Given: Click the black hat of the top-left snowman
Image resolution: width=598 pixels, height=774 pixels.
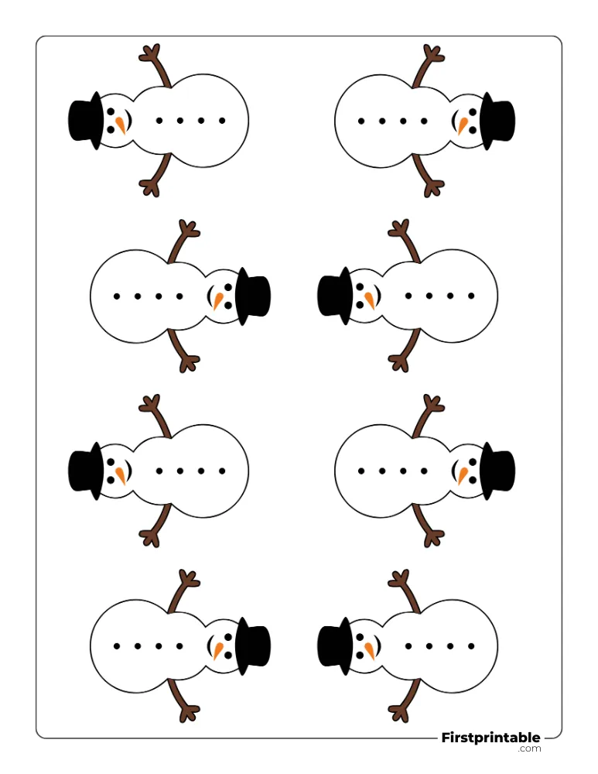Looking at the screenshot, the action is click(x=85, y=121).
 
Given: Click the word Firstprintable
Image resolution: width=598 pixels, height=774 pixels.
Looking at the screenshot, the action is click(x=491, y=738).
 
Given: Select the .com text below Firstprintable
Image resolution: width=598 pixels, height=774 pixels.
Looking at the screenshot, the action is click(x=529, y=748).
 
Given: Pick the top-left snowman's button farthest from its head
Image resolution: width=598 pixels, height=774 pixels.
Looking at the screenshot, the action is click(x=222, y=121).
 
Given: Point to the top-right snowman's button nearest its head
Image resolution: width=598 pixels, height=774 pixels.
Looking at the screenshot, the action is click(x=424, y=121).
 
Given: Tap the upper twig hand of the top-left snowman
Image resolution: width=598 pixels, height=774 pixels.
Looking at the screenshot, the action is click(x=149, y=53).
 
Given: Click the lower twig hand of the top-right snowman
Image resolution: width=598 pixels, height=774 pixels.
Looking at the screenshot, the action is click(x=434, y=188).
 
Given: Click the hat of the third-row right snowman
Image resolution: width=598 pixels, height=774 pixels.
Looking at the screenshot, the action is click(x=497, y=471).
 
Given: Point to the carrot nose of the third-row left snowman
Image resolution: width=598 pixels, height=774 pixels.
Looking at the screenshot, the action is click(x=121, y=476).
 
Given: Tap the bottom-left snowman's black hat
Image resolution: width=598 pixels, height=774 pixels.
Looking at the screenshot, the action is click(x=253, y=646).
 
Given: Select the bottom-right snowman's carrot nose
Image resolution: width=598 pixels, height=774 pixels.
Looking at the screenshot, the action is click(x=370, y=651).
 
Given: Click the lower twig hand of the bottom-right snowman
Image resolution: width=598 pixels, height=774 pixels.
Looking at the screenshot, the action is click(x=398, y=714).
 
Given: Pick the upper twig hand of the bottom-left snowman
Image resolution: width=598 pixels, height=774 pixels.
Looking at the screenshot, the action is click(x=189, y=578).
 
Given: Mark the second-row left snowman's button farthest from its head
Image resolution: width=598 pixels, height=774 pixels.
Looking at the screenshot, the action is click(x=117, y=296).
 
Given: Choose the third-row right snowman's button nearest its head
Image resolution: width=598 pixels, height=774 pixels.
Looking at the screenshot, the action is click(x=424, y=471).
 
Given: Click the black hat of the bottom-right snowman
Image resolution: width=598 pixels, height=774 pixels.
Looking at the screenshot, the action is click(x=335, y=646).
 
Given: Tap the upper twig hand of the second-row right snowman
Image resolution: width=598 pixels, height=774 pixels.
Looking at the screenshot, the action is click(x=398, y=229).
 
